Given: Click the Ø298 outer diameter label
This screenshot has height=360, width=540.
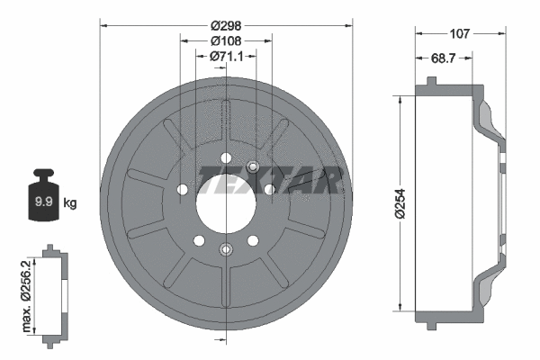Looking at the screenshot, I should (x=225, y=25).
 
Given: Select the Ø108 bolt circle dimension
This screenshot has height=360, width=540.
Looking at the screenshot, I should (x=225, y=40).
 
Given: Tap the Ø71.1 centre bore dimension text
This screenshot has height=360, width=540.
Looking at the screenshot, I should (x=225, y=56).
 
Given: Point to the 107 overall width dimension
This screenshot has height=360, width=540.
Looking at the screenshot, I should (x=460, y=35).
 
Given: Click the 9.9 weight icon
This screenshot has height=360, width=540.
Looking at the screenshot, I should (x=42, y=195).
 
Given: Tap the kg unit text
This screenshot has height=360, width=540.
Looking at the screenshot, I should (x=70, y=203).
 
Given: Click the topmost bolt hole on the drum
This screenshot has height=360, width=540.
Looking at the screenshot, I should (x=225, y=159).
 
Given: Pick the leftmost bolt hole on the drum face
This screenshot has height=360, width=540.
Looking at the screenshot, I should (x=184, y=190).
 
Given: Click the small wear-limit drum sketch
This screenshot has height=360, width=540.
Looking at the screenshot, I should (x=55, y=292).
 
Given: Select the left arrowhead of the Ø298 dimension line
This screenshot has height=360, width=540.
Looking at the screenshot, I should (x=102, y=25).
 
